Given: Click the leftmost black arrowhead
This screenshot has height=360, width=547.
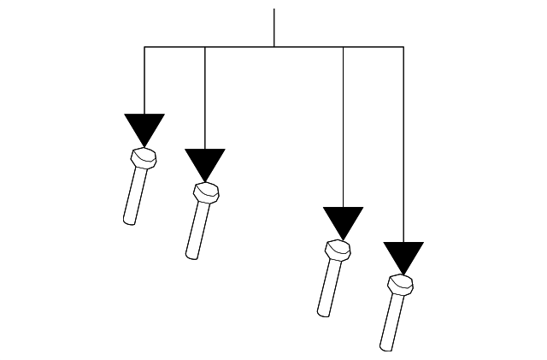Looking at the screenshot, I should [x=144, y=129].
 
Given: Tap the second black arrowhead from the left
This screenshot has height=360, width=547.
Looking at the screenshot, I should [x=205, y=164].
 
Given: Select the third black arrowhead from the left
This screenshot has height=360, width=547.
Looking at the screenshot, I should [x=344, y=222].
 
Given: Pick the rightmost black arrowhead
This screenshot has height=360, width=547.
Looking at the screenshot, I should [x=403, y=257].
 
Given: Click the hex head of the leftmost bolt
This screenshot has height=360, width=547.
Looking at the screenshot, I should [x=144, y=158].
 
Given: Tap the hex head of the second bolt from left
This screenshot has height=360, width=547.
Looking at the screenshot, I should [x=206, y=192].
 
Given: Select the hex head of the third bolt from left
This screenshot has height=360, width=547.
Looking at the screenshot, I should [x=338, y=251].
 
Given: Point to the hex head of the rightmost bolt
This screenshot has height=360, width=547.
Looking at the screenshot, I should [x=400, y=285].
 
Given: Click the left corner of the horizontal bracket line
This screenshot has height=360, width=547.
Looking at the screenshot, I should [x=144, y=47].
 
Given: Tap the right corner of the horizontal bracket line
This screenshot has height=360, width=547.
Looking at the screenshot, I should [x=403, y=47].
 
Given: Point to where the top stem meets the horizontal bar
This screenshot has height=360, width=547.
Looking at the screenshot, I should [x=273, y=47].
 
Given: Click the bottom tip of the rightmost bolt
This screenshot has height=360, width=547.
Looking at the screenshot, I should [x=385, y=348].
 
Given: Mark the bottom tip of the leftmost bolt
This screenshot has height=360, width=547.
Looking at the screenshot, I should [x=129, y=222].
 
